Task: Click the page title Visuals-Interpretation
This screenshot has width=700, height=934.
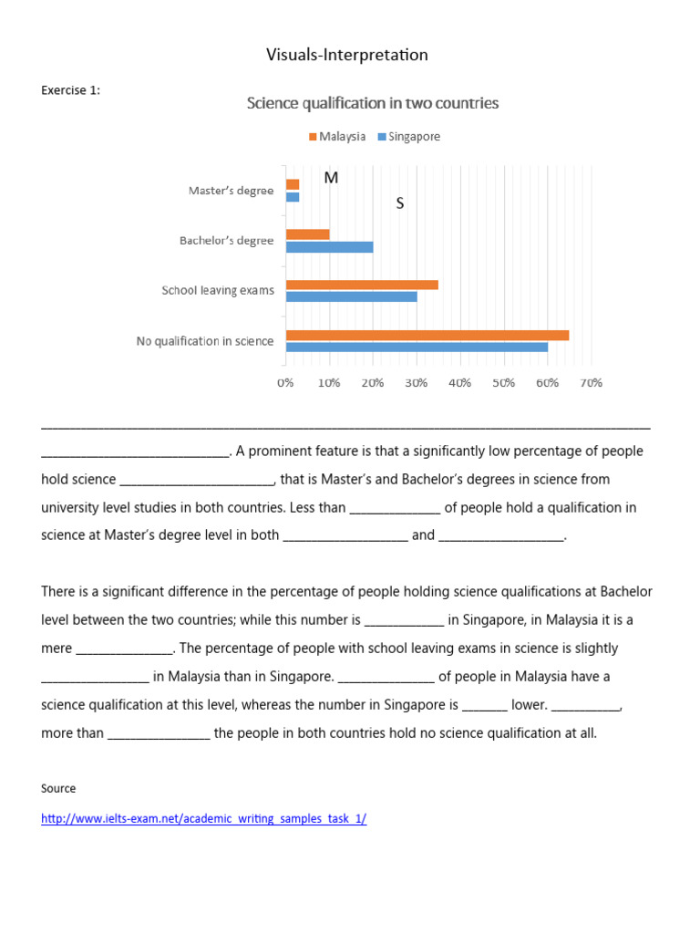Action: click(346, 56)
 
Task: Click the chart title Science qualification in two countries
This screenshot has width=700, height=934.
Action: click(373, 103)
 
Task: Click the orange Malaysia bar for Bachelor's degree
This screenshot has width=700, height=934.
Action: click(307, 234)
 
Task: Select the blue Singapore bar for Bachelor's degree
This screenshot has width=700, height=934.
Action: click(329, 247)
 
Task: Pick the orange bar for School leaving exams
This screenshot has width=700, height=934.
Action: click(362, 285)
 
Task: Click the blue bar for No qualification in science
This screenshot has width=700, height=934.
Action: click(417, 347)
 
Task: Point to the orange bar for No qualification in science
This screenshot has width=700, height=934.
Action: click(427, 335)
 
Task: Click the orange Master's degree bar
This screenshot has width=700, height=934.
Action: click(293, 184)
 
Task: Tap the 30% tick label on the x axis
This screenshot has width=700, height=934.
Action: click(417, 383)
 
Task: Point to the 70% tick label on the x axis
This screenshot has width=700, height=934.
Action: click(591, 383)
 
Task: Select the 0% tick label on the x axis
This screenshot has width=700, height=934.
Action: click(286, 383)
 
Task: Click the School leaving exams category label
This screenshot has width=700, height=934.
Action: click(218, 291)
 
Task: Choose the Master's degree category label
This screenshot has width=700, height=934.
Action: click(231, 191)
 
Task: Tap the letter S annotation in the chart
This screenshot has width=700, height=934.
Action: click(399, 203)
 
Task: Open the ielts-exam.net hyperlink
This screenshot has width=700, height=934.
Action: click(203, 819)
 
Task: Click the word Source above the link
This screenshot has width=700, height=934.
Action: click(58, 788)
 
